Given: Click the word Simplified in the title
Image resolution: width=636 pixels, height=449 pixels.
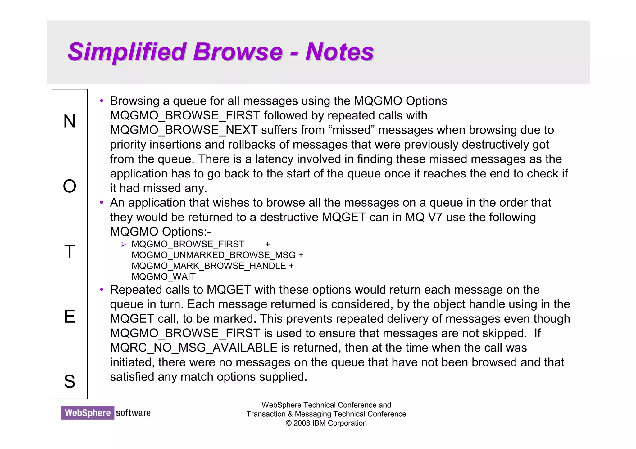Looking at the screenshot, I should (127, 52).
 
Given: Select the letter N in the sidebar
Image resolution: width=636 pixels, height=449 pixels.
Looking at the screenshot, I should (70, 121).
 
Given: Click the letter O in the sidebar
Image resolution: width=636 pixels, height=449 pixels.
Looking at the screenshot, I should (70, 186).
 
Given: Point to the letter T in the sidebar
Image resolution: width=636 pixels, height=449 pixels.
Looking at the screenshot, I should (70, 251).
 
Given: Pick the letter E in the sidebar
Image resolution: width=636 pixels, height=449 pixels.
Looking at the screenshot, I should (70, 317).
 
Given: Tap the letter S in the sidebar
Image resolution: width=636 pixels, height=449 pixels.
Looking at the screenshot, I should (70, 381).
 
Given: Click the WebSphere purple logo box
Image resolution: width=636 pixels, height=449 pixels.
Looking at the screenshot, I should (88, 413).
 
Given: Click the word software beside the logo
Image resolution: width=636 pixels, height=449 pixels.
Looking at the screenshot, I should (133, 413).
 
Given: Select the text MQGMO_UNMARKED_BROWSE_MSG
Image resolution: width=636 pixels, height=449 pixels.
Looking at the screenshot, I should (214, 255).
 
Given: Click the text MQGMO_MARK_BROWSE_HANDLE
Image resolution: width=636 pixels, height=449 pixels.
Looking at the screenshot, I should (209, 266).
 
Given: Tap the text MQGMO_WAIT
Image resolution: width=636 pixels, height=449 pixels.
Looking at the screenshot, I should (164, 276).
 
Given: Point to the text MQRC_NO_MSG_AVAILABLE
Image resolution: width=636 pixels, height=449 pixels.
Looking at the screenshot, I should (193, 348).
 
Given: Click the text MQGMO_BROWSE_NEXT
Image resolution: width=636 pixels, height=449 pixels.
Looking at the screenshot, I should (184, 130).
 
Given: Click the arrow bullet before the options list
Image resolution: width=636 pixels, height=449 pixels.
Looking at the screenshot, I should (123, 245).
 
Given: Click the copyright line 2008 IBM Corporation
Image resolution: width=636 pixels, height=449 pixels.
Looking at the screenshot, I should (326, 423).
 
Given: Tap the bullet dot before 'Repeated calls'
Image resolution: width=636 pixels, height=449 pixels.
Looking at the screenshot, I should (101, 290).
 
